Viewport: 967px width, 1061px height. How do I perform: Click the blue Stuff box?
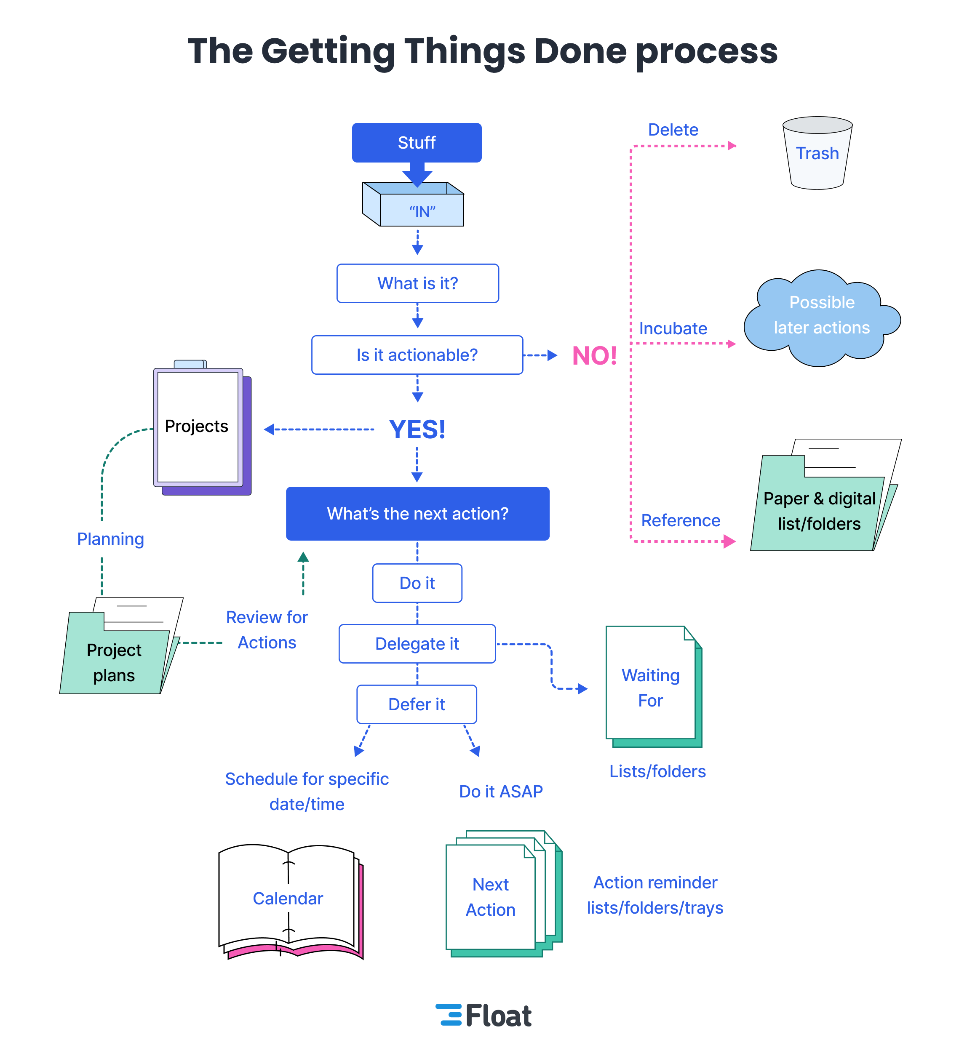[x=417, y=143]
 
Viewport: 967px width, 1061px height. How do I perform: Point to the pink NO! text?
[x=594, y=356]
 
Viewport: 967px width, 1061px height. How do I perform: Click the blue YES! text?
[x=417, y=429]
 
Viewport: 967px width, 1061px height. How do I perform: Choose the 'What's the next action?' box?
[x=417, y=514]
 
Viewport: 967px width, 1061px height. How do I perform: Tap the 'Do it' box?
[x=417, y=583]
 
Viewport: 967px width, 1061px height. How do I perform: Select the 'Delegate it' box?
[x=417, y=644]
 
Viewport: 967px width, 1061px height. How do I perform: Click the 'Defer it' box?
[x=417, y=704]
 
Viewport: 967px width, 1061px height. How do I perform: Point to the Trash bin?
[x=817, y=153]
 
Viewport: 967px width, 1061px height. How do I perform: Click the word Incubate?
[x=673, y=328]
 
